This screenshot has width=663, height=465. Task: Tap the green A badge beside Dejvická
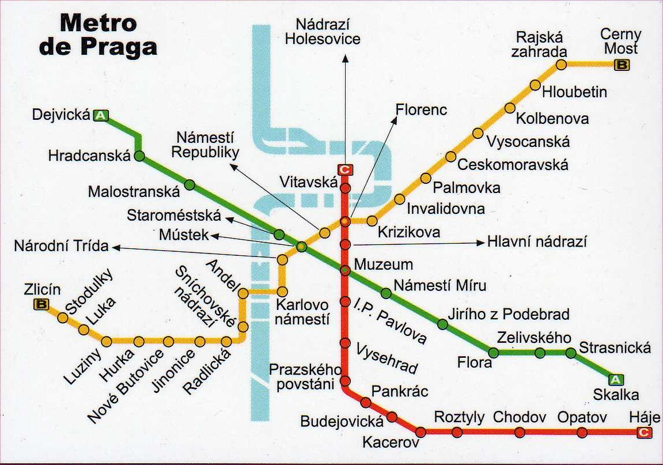(x=101, y=116)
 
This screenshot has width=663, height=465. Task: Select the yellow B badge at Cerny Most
(x=622, y=65)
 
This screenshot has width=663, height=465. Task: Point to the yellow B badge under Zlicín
(x=41, y=305)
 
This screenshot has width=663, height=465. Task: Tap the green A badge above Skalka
(x=616, y=379)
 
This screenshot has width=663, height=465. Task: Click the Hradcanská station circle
(x=139, y=156)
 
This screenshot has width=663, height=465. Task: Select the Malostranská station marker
(x=190, y=185)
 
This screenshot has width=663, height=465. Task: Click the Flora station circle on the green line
(x=494, y=353)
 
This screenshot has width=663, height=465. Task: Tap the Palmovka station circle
(x=426, y=178)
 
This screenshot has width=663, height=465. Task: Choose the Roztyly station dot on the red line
(x=457, y=432)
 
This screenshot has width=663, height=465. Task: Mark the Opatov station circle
(x=582, y=432)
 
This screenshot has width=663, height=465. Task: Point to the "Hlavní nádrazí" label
(x=537, y=242)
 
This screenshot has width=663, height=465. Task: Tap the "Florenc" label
(x=421, y=109)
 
